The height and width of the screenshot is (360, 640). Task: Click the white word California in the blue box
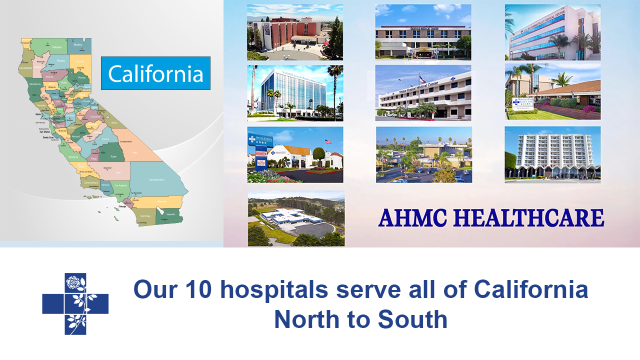tap(155, 73)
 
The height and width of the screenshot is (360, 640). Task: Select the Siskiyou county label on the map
tap(57, 47)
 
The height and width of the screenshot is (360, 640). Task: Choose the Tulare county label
tap(113, 156)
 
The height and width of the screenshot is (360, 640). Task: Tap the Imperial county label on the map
tap(170, 214)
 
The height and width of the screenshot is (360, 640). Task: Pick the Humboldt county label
tap(25, 68)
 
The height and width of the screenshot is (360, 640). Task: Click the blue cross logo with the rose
tap(75, 304)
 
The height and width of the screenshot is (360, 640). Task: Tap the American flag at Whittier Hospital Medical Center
tap(421, 78)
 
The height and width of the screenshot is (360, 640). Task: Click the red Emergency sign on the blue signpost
tap(260, 161)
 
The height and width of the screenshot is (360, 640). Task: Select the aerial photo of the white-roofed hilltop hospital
tap(296, 218)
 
